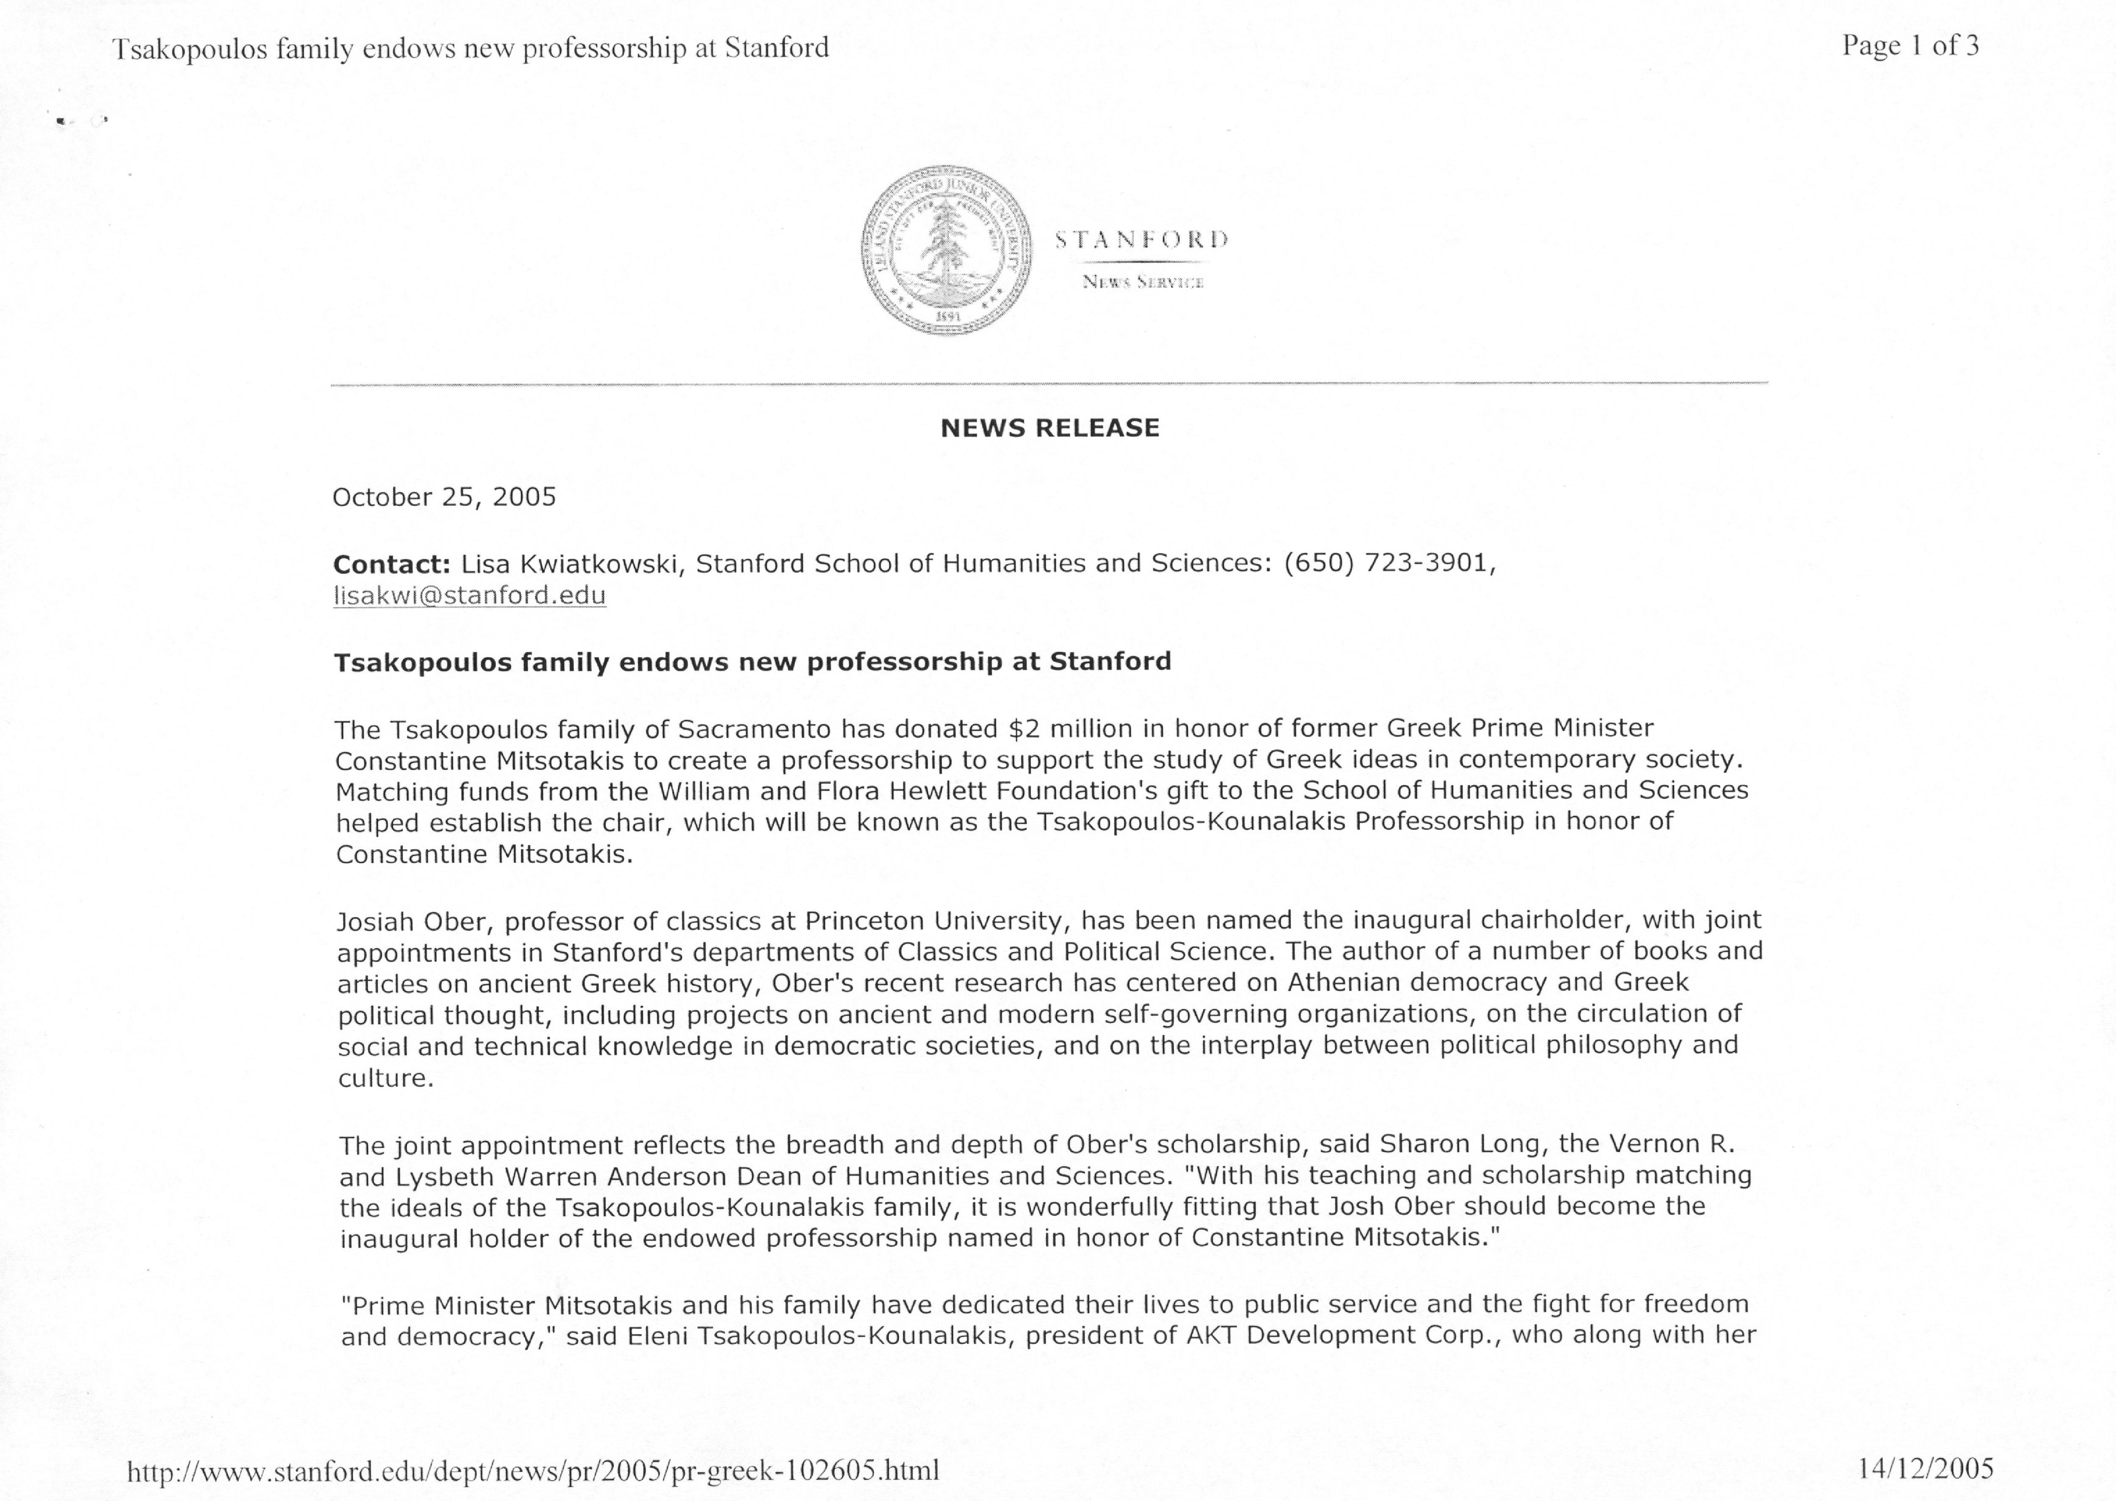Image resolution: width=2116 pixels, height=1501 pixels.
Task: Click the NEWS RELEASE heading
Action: [1050, 428]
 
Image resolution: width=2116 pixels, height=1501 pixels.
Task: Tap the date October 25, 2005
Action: [444, 497]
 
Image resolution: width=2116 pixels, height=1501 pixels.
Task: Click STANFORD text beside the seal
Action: [1142, 240]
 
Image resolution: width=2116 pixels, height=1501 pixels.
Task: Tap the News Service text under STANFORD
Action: [1143, 282]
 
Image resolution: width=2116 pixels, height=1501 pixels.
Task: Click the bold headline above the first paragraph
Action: [752, 662]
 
